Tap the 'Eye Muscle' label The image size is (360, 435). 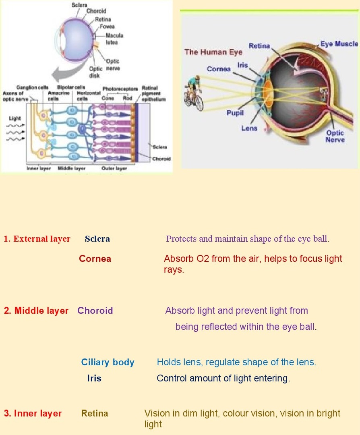pyautogui.click(x=339, y=44)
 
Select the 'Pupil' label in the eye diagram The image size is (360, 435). pyautogui.click(x=235, y=113)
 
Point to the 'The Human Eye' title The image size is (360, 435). pyautogui.click(x=213, y=52)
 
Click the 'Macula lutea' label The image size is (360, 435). pyautogui.click(x=114, y=39)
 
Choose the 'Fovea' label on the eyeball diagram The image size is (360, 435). pyautogui.click(x=107, y=26)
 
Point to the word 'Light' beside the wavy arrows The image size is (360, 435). pyautogui.click(x=15, y=118)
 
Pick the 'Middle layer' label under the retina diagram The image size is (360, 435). pyautogui.click(x=72, y=168)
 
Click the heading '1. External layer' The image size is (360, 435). pyautogui.click(x=37, y=239)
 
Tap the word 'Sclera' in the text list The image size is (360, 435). pyautogui.click(x=97, y=239)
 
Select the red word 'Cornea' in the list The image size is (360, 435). pyautogui.click(x=95, y=259)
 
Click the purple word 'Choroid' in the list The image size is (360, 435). pyautogui.click(x=95, y=311)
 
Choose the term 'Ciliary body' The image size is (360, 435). pyautogui.click(x=108, y=362)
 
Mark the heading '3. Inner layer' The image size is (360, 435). pyautogui.click(x=33, y=413)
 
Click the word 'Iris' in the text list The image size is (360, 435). pyautogui.click(x=94, y=378)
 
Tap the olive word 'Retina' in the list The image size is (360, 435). pyautogui.click(x=95, y=413)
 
